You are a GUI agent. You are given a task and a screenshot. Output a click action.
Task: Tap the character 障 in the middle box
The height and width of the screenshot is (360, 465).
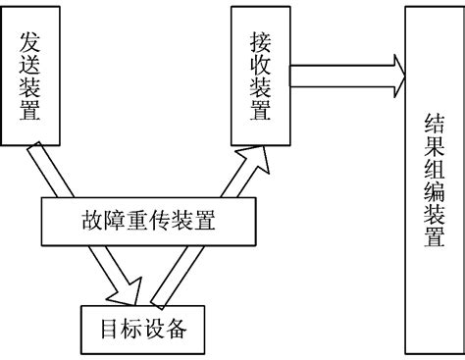[106, 221]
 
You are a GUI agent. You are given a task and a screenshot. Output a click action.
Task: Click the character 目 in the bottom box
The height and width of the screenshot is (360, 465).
[107, 329]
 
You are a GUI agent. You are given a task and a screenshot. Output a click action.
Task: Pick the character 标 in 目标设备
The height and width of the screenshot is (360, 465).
[131, 329]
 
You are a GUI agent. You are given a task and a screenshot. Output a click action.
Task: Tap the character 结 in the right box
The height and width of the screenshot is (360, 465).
[433, 121]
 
